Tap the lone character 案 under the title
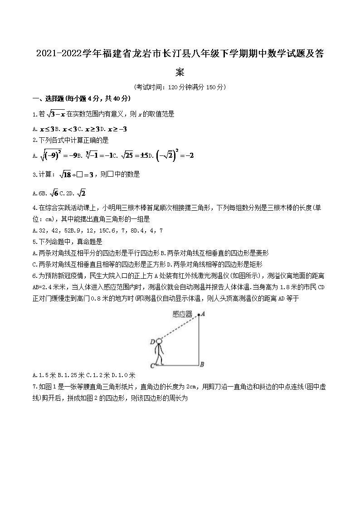[x=180, y=72]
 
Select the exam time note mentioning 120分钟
[x=180, y=87]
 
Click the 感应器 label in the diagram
[x=183, y=314]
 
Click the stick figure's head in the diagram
[x=159, y=342]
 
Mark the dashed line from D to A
[x=180, y=328]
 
